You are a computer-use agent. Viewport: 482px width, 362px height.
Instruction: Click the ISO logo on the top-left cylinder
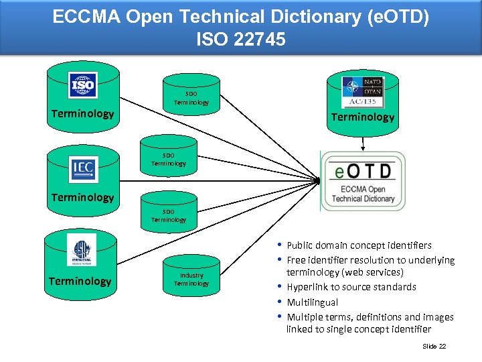(x=83, y=85)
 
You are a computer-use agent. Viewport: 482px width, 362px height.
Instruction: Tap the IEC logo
(x=84, y=169)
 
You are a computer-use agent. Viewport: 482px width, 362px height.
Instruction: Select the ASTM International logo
(x=83, y=253)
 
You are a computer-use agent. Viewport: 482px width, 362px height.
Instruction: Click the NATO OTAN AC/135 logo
(x=363, y=92)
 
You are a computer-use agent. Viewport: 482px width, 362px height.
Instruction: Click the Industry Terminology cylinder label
(x=191, y=279)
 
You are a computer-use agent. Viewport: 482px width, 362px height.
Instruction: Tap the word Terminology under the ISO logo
(x=83, y=113)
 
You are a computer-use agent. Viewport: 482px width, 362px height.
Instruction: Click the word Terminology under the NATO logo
(x=363, y=117)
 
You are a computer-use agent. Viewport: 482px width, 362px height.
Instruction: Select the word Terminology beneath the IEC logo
(x=83, y=197)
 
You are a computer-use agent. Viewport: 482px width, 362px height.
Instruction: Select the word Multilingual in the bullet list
(x=312, y=302)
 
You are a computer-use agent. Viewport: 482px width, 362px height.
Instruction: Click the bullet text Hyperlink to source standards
(x=351, y=287)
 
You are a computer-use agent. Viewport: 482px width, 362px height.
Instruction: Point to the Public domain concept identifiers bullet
(x=359, y=245)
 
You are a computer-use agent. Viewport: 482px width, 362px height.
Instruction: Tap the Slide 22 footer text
(x=434, y=346)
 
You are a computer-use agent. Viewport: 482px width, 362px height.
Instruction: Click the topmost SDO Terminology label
(x=191, y=98)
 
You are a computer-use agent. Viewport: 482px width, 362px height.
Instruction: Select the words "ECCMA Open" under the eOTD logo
(x=364, y=189)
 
